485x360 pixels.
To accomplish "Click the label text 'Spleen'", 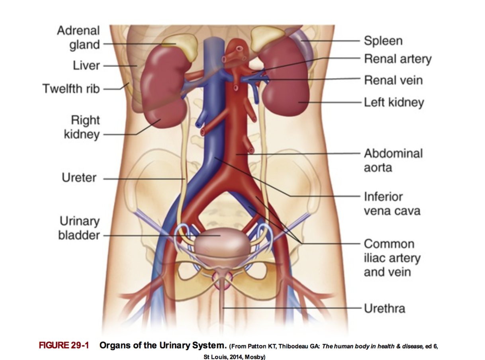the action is click(383, 41).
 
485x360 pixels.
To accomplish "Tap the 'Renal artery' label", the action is click(397, 59).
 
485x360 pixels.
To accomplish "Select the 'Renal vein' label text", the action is click(393, 80).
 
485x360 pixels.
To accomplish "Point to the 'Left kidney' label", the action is click(393, 102).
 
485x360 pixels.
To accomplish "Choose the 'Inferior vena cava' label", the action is click(391, 203).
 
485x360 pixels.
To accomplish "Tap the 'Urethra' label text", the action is click(384, 308).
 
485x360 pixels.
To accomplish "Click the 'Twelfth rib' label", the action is click(71, 88).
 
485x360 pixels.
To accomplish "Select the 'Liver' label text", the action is click(86, 65).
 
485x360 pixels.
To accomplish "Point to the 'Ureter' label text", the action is click(79, 178).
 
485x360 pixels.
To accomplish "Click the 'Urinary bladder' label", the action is click(79, 228).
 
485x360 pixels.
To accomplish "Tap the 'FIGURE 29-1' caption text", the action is click(64, 345).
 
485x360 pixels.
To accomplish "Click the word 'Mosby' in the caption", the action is click(253, 357).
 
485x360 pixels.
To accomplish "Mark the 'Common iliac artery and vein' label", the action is click(391, 258).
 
